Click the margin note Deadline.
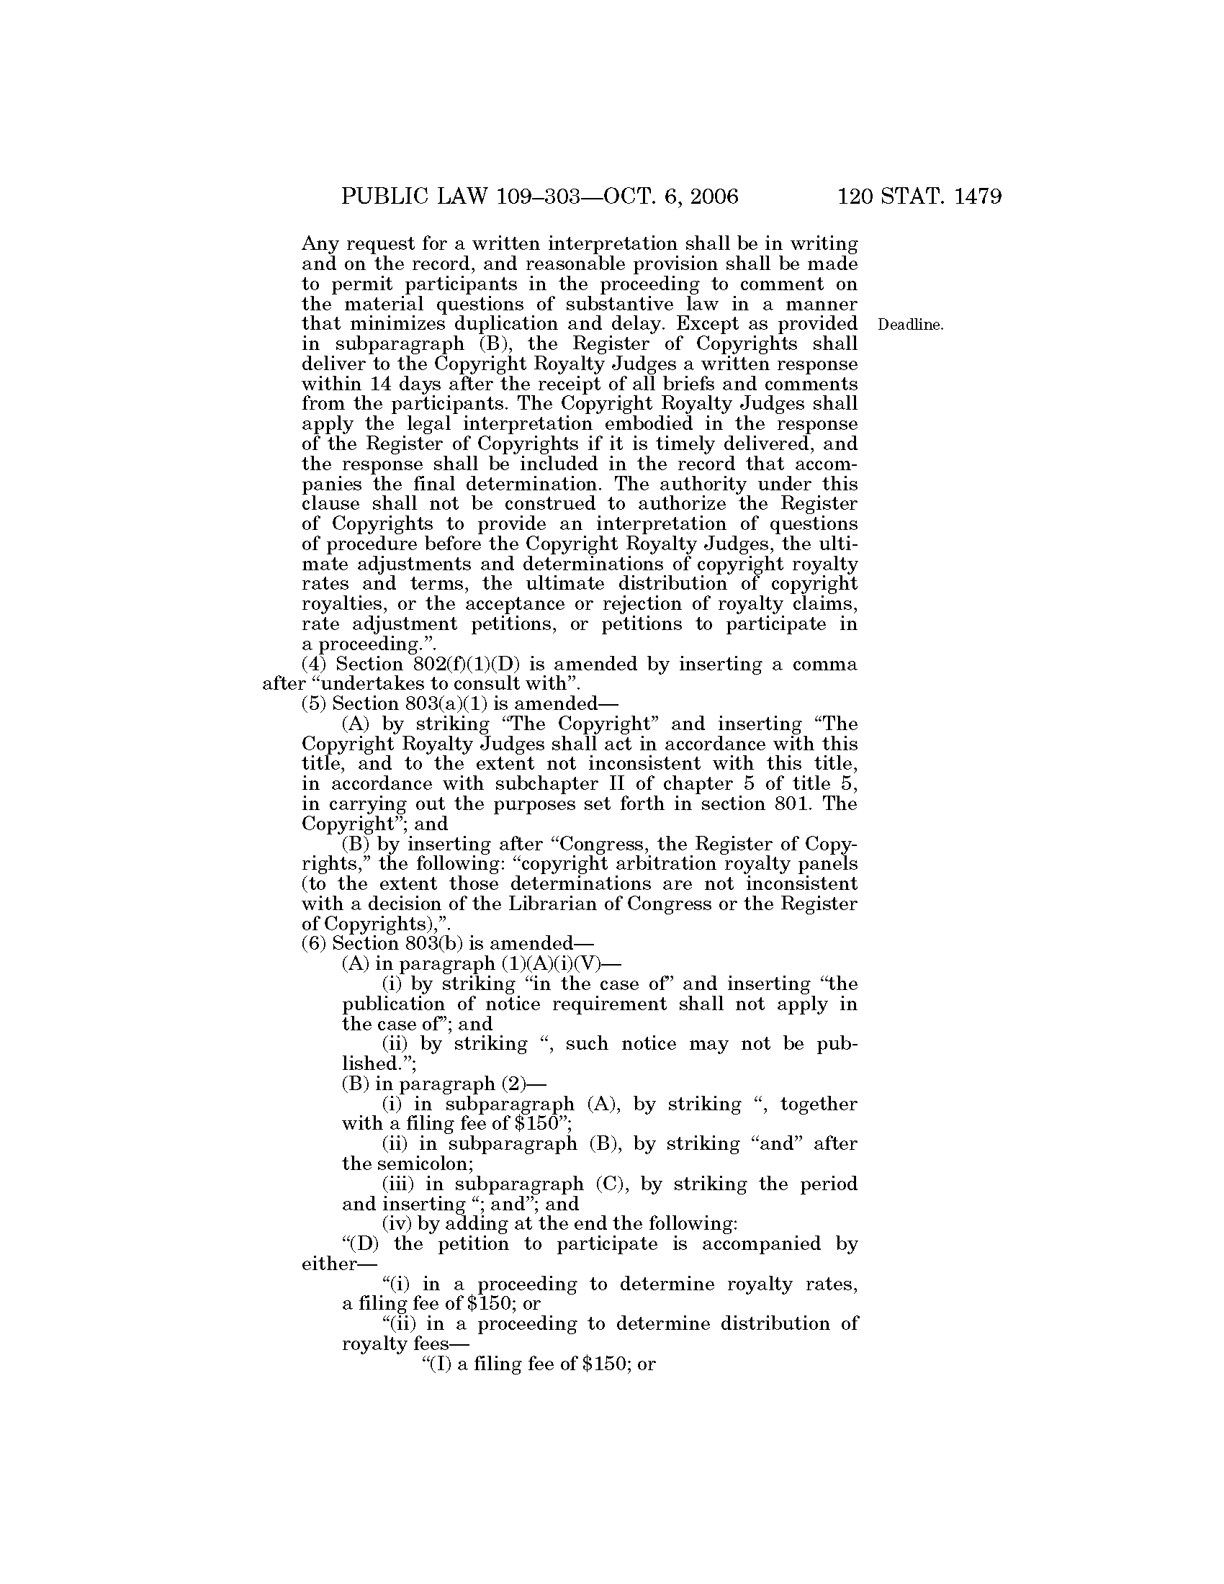click(x=911, y=325)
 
